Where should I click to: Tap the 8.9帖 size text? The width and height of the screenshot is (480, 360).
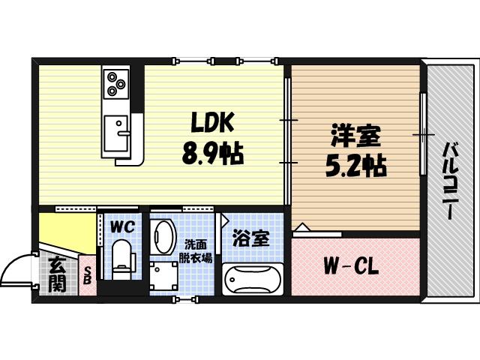211,155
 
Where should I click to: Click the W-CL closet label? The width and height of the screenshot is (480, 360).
350,266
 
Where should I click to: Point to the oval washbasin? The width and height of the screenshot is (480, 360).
164,236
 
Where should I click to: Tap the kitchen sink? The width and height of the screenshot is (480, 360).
116,133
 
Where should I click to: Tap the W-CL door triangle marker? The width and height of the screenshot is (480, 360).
300,227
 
